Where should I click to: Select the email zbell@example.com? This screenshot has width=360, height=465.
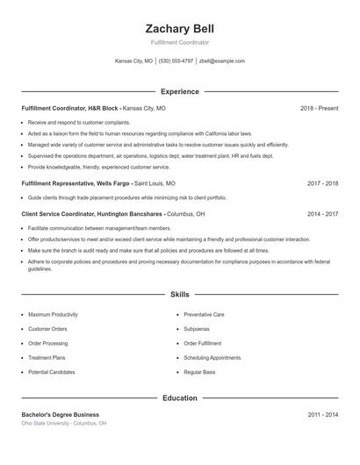222,61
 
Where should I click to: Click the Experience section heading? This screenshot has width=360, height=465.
179,91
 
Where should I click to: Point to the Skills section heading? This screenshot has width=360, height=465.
179,296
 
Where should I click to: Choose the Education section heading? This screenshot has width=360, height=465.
179,397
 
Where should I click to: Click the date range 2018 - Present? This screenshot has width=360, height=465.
319,108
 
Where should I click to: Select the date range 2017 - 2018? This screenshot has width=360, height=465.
322,184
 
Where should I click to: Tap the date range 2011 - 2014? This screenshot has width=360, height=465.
322,414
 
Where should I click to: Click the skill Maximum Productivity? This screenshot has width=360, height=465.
53,314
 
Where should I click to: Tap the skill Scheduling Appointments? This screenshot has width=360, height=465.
212,358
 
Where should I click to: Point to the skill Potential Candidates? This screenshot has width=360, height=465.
52,372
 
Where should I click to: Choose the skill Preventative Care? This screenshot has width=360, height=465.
205,314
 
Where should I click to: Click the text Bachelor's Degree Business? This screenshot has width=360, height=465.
60,414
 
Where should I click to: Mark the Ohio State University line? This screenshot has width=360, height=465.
64,423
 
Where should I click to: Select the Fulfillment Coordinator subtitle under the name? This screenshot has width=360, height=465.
179,42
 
